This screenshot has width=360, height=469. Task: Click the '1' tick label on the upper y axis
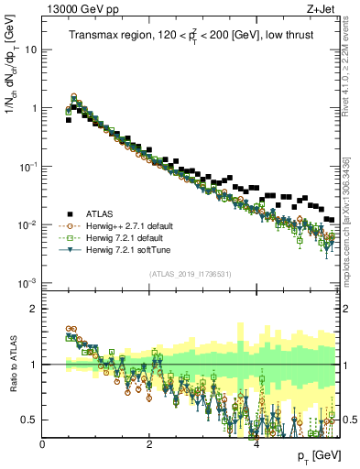click(x=34, y=108)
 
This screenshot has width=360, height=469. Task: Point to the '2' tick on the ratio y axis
click(x=35, y=309)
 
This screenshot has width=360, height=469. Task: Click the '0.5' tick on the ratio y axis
click(x=31, y=420)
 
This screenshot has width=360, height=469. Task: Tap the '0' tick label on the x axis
click(x=42, y=444)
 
